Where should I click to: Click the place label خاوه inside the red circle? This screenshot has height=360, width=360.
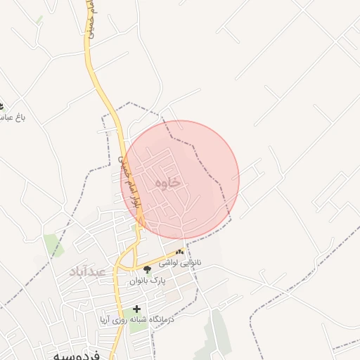point(167,183)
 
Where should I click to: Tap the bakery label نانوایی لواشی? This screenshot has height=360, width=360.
point(180,262)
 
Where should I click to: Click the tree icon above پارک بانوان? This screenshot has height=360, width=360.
point(147,269)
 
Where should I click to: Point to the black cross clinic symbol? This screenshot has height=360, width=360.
point(136,309)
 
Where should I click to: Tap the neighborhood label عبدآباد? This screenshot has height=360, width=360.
point(87,271)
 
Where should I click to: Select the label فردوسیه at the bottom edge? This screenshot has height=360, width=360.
point(77,355)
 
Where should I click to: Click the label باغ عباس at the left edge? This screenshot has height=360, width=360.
point(12,117)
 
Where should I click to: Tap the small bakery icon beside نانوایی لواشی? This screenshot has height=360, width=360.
point(181,251)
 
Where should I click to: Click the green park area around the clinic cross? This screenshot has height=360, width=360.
point(138,320)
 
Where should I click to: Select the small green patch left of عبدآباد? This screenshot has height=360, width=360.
point(53,245)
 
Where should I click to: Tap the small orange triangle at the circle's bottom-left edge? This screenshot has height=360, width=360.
point(142,223)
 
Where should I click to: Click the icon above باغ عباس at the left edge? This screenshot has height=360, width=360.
point(2,105)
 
